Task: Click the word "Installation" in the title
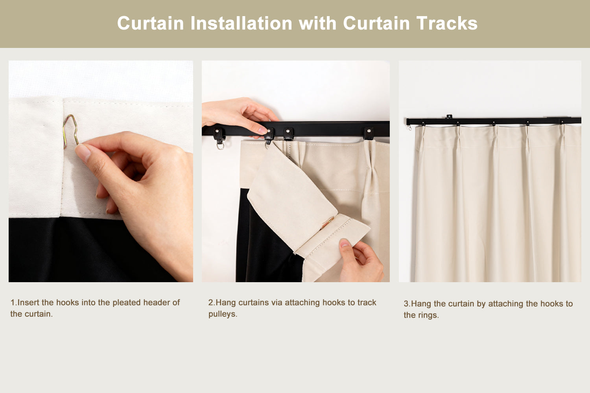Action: [241, 23]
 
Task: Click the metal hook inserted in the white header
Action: [70, 131]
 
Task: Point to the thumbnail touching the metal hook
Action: [83, 153]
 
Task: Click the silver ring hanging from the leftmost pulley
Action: [220, 145]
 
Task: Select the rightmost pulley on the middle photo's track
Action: [368, 133]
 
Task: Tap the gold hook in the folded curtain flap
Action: [328, 223]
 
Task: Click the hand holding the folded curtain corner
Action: [360, 260]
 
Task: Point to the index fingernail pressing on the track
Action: [262, 130]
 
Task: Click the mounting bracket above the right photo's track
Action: [449, 117]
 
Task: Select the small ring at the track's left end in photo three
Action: [409, 128]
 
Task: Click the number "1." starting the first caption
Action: [13, 303]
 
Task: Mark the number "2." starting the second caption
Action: [212, 303]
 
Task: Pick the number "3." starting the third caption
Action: [407, 303]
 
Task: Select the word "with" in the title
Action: [317, 23]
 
